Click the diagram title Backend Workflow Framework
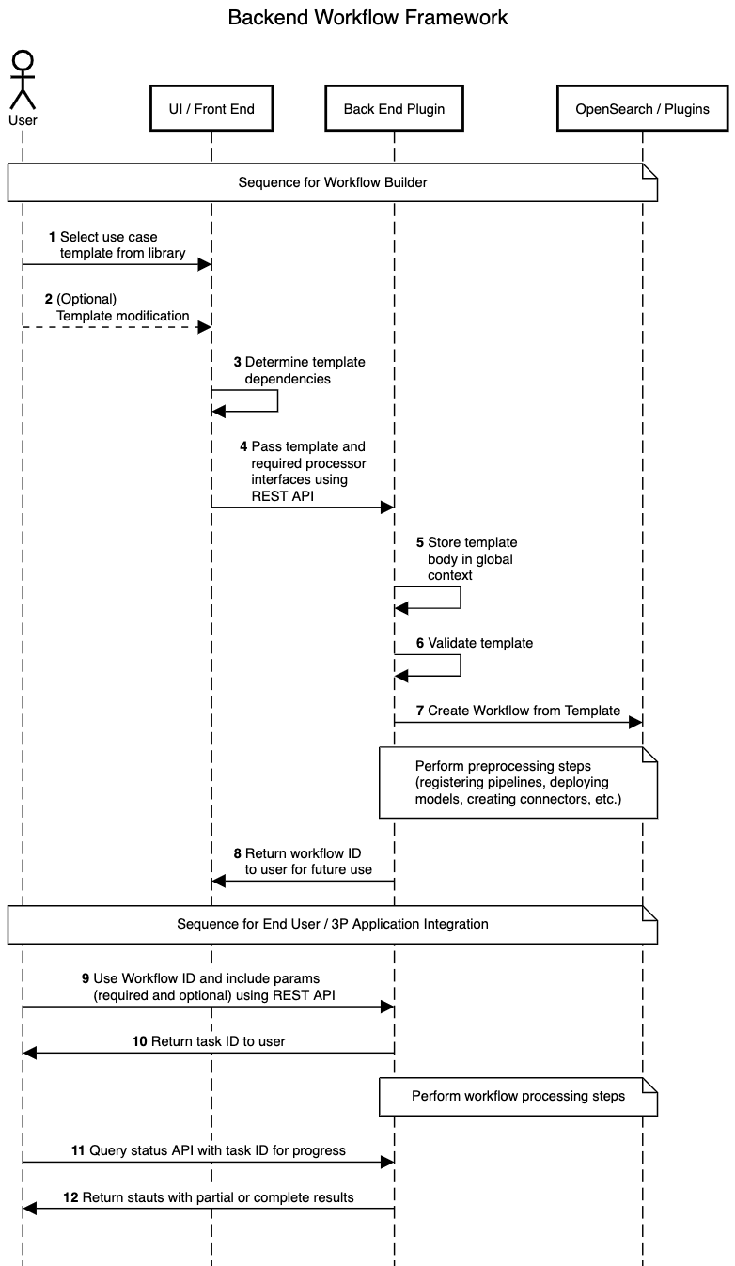pyautogui.click(x=367, y=17)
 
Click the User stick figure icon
pyautogui.click(x=23, y=80)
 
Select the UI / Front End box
pyautogui.click(x=211, y=109)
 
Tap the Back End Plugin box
pyautogui.click(x=394, y=109)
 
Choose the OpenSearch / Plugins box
pyautogui.click(x=643, y=109)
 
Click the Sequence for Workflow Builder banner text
pyautogui.click(x=332, y=182)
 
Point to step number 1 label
pyautogui.click(x=53, y=237)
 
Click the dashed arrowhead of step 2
pyautogui.click(x=204, y=327)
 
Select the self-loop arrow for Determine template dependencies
pyautogui.click(x=276, y=400)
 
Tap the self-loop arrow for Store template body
pyautogui.click(x=459, y=597)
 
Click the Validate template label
pyautogui.click(x=479, y=643)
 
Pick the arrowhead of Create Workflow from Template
pyautogui.click(x=635, y=722)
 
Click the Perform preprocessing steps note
pyautogui.click(x=518, y=782)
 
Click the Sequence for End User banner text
pyautogui.click(x=332, y=924)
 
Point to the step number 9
pyautogui.click(x=86, y=977)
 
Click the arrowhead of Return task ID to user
pyautogui.click(x=30, y=1053)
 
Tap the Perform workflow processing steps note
pyautogui.click(x=518, y=1096)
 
